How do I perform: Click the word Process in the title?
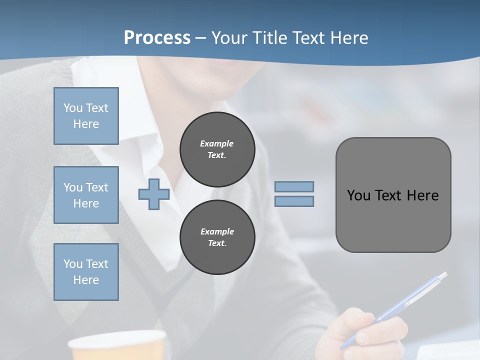coord(157,38)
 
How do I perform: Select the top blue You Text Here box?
coord(86,116)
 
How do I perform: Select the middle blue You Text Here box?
coord(86,195)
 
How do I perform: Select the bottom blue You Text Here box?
coord(86,272)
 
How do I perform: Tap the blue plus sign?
coord(153,194)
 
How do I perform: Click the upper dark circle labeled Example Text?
coord(217,149)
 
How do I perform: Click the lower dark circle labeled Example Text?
coord(217,237)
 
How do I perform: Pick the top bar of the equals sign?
coord(294,186)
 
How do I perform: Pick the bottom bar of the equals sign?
coord(294,201)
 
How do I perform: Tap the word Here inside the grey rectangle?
coord(422,195)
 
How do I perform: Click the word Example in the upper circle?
coord(216,143)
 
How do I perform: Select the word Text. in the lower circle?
coord(217,243)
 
